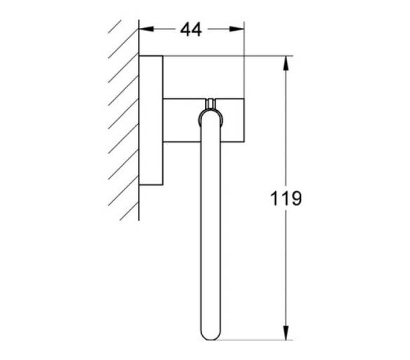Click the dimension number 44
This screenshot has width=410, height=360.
(191, 29)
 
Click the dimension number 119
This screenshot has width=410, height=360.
(285, 198)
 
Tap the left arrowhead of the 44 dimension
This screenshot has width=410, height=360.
(146, 29)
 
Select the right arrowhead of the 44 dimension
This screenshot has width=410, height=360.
(236, 29)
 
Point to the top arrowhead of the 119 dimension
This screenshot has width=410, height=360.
(286, 63)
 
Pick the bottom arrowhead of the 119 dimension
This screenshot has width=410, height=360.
(286, 333)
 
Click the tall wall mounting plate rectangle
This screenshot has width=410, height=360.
(151, 120)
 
